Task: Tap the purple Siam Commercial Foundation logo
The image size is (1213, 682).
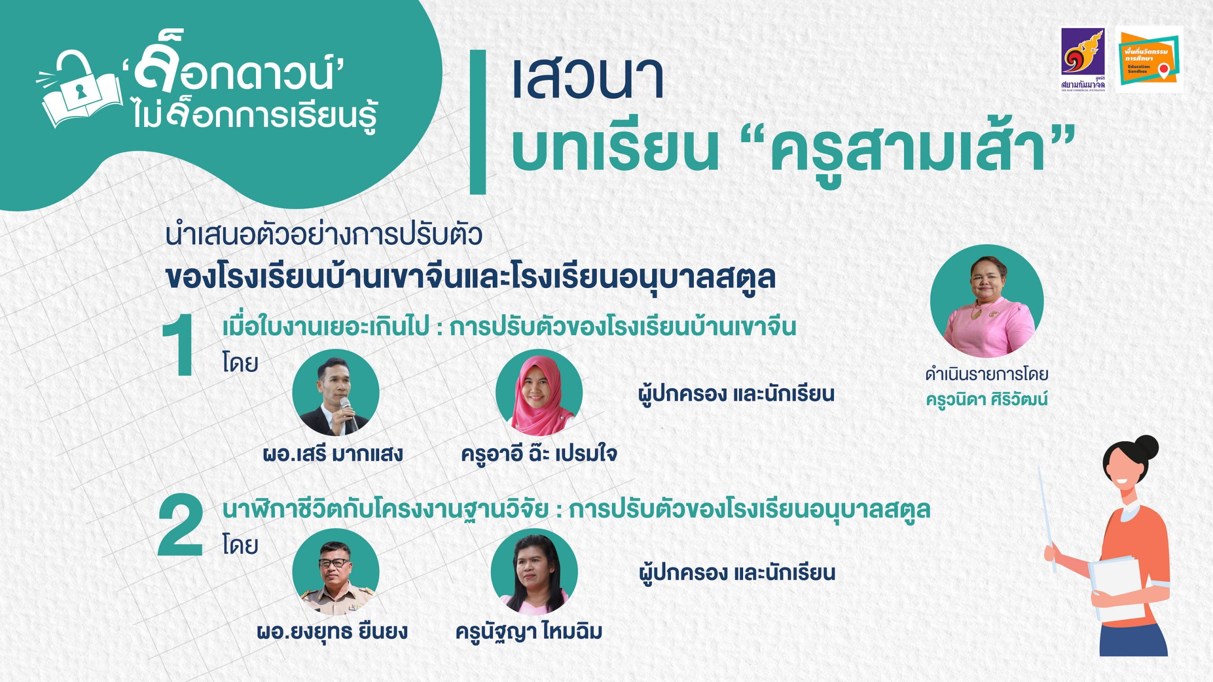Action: click(x=1083, y=59)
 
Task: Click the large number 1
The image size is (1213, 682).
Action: click(x=179, y=345)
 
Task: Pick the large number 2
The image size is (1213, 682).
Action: click(x=181, y=525)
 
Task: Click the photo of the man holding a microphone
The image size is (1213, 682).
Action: click(x=335, y=393)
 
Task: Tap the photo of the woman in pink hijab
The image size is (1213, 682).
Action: click(x=539, y=393)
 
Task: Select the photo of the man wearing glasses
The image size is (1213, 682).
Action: click(x=335, y=572)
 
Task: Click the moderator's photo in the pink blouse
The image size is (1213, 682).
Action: click(x=987, y=301)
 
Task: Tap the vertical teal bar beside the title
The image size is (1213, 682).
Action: click(x=478, y=122)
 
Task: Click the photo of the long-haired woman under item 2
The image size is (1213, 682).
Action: click(x=534, y=572)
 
